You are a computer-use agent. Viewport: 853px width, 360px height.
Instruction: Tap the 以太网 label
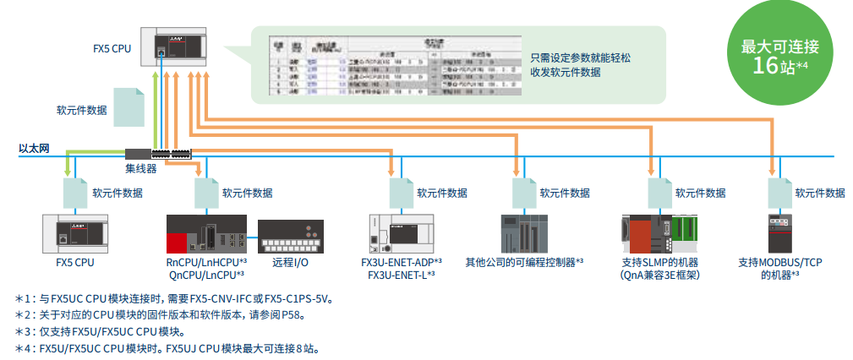click(35, 150)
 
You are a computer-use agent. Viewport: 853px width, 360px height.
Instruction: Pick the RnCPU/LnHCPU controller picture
click(206, 235)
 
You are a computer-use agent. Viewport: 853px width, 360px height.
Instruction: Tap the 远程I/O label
click(290, 262)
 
